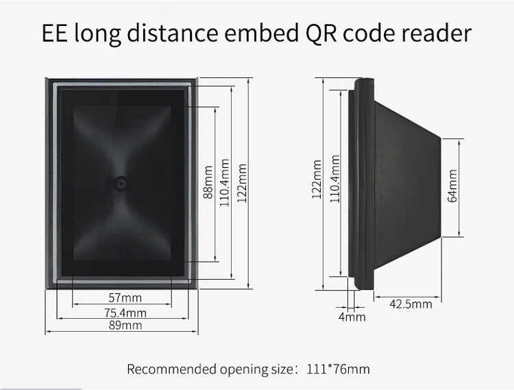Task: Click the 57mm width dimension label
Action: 125,297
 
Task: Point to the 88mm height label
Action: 208,182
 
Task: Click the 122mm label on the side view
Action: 317,180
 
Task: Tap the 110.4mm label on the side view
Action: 334,180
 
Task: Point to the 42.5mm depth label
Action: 411,304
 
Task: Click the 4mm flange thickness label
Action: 352,317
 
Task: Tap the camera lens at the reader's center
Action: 121,182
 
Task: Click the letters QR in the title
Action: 318,34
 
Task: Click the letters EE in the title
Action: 58,34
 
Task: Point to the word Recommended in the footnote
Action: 169,369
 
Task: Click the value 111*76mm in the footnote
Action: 339,369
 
